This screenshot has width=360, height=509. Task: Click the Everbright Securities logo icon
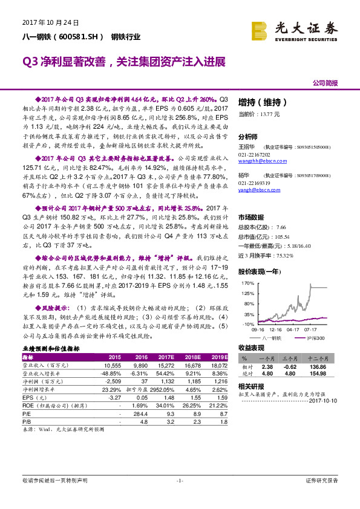260,30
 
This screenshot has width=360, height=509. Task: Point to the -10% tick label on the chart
247,325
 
